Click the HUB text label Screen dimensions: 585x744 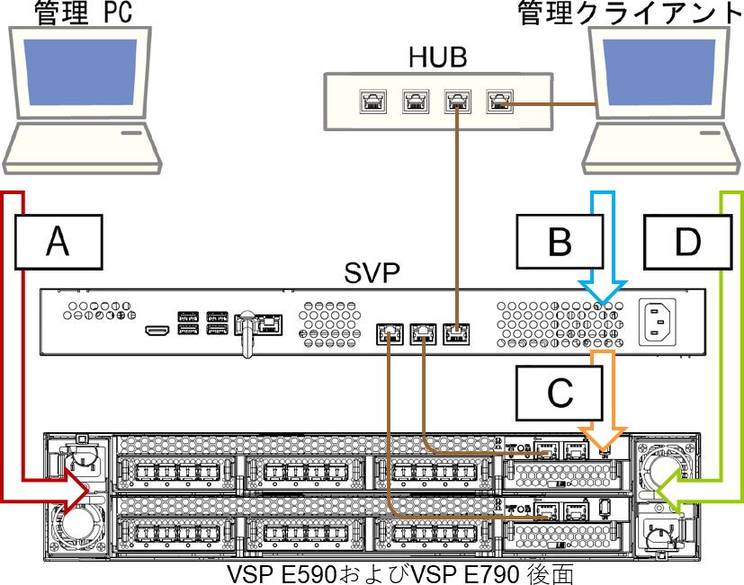pyautogui.click(x=438, y=58)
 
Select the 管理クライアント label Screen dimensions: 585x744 pyautogui.click(x=629, y=13)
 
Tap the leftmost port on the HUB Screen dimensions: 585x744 pyautogui.click(x=371, y=101)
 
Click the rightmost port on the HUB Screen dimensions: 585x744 pyautogui.click(x=498, y=101)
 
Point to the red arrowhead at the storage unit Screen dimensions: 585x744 pyautogui.click(x=76, y=492)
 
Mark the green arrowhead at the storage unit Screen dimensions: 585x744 pyautogui.click(x=668, y=492)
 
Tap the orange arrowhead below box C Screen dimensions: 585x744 pyautogui.click(x=602, y=439)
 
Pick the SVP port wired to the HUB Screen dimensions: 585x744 pyautogui.click(x=457, y=334)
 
